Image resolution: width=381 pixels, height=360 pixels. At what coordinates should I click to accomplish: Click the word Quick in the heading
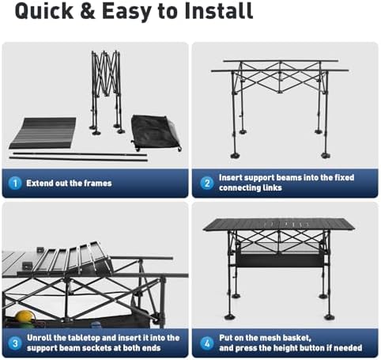(x=44, y=11)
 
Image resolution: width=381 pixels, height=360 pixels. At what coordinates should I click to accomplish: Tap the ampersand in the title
(x=88, y=11)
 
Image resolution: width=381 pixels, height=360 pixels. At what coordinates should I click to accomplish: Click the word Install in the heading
(x=219, y=11)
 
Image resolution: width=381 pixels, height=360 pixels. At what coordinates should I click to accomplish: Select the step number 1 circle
(x=15, y=183)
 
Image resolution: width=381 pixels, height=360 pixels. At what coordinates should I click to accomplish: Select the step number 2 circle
(x=207, y=183)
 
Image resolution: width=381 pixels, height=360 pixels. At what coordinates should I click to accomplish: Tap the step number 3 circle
(x=15, y=343)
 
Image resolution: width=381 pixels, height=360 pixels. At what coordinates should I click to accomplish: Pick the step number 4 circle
(x=207, y=343)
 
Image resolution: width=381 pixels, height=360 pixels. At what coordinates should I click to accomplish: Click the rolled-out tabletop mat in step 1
(x=43, y=133)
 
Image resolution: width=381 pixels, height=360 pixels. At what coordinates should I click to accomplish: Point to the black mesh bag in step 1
(x=156, y=133)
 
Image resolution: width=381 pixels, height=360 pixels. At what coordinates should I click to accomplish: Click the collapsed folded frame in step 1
(x=106, y=93)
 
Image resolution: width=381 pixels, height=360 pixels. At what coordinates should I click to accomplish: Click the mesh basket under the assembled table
(x=280, y=260)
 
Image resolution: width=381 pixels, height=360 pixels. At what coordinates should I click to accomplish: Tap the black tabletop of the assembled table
(x=279, y=225)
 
